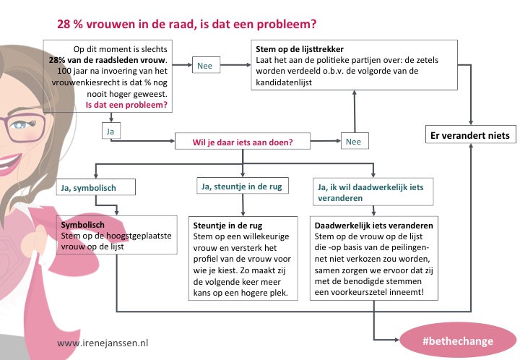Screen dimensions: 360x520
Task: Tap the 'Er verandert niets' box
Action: coord(470,135)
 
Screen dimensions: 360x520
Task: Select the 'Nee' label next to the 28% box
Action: coord(204,67)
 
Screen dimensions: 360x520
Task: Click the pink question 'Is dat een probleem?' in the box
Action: coord(126,105)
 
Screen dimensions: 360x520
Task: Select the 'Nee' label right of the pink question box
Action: coord(352,142)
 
